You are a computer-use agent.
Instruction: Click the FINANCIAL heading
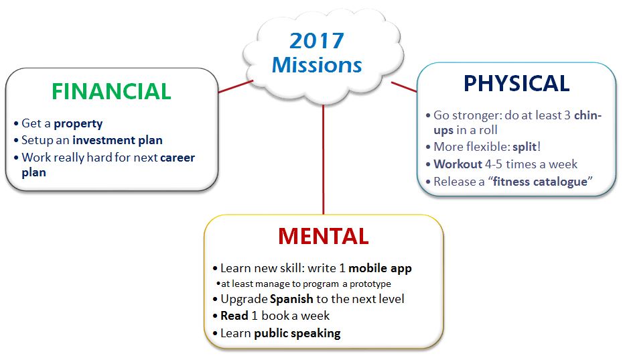coord(111,91)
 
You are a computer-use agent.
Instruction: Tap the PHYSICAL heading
coord(516,83)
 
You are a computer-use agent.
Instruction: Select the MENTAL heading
coord(324,236)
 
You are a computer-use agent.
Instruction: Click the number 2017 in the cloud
coord(317,41)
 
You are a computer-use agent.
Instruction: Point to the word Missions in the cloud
coord(317,65)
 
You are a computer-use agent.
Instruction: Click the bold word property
coord(78,124)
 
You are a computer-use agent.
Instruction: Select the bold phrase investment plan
coord(118,140)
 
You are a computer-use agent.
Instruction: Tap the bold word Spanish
coord(291,299)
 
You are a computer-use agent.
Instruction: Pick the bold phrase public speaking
coord(297,333)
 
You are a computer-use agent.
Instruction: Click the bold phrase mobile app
coord(380,269)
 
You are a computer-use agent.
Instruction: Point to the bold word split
coord(525,147)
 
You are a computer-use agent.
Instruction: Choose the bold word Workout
coord(458,164)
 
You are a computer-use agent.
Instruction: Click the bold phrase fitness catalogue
coord(540,182)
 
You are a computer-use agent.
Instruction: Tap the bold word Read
coord(234,316)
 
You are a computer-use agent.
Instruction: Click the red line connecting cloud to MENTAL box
coord(324,160)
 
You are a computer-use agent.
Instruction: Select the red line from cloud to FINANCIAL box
coord(236,86)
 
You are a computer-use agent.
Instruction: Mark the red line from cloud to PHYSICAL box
coord(404,87)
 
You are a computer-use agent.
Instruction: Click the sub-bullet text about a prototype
coord(306,284)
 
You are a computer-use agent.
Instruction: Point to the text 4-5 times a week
coord(531,164)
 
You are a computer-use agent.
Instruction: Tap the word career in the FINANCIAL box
coord(178,158)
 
